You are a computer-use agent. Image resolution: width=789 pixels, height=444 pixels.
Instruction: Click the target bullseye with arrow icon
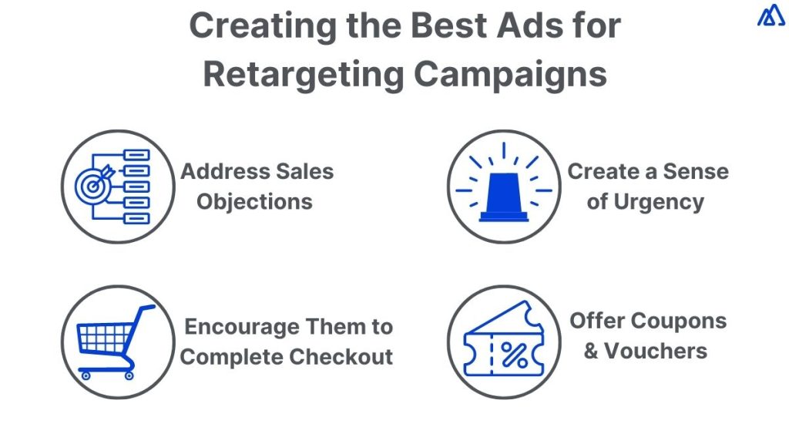[x=96, y=186]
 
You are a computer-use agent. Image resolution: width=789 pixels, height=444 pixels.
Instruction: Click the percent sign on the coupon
[x=514, y=355]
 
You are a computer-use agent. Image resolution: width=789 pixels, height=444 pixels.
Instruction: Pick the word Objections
[x=254, y=202]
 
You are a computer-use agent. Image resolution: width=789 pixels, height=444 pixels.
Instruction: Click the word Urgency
[x=656, y=202]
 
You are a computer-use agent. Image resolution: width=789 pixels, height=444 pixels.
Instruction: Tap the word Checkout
[x=350, y=357]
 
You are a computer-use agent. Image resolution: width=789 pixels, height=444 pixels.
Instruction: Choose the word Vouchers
[x=655, y=351]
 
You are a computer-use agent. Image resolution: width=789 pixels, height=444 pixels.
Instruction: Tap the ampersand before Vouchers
[x=591, y=351]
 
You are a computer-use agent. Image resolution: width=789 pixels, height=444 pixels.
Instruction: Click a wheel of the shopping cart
[x=85, y=375]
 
